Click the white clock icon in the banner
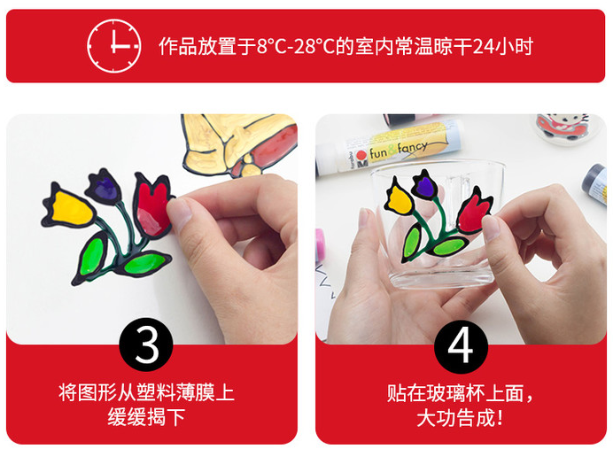pos(113,46)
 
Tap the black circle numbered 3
pos(146,344)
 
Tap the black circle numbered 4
pos(461,346)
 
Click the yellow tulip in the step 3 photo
pos(69,207)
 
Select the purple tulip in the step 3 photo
pos(105,186)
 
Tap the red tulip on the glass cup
pos(474,211)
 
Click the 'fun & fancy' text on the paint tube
pos(398,150)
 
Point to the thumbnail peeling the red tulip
pos(178,211)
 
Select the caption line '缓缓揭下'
pos(146,417)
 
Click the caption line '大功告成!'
pos(460,418)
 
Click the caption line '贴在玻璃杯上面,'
pos(460,393)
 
